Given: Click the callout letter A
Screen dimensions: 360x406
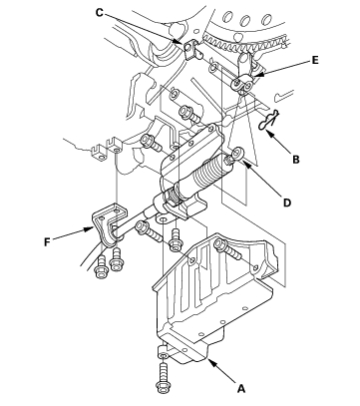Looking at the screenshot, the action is tap(241, 388).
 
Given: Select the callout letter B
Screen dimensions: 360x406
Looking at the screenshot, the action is tap(296, 160).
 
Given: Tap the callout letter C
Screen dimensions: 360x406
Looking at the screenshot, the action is tap(100, 13).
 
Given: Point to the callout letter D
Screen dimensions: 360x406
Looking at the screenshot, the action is tap(287, 203).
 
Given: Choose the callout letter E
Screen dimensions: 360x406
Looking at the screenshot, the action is tap(315, 60).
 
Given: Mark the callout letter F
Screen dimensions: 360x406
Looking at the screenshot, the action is tap(47, 241).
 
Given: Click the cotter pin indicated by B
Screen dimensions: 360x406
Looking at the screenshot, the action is tap(269, 122).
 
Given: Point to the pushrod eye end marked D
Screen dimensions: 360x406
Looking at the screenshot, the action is tap(237, 154).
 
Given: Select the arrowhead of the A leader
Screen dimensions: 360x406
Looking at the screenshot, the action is tap(210, 362).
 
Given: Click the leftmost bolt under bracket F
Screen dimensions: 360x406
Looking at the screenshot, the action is tap(101, 267).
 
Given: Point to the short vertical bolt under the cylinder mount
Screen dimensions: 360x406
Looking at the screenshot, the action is tap(175, 240).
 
